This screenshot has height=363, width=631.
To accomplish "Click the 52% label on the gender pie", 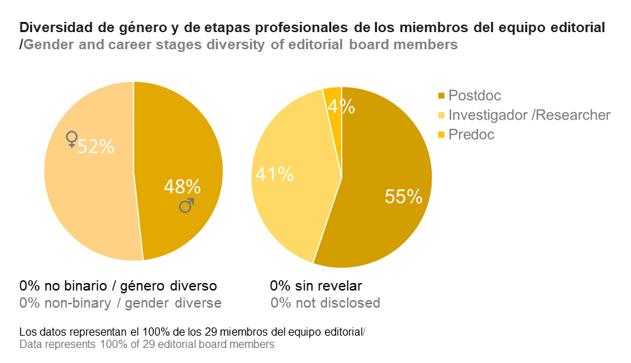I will click(x=96, y=146).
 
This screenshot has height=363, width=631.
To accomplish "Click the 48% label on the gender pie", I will click(x=182, y=187).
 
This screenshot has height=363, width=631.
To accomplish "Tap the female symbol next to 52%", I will click(x=71, y=139).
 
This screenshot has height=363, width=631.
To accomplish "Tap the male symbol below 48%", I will click(x=186, y=205).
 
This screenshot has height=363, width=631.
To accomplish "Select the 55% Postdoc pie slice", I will click(x=382, y=205).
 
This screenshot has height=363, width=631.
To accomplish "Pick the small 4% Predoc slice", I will click(x=333, y=96).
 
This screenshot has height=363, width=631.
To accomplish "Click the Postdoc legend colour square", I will click(x=441, y=96).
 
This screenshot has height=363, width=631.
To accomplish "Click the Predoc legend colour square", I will click(x=441, y=135).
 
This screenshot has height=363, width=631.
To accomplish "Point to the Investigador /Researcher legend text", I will click(x=529, y=115).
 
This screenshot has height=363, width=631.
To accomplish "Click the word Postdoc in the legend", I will click(x=475, y=96).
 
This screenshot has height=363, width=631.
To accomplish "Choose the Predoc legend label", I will click(x=471, y=135).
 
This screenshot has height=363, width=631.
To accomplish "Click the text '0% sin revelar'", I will click(x=315, y=286).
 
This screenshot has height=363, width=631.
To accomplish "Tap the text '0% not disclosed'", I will click(x=325, y=303).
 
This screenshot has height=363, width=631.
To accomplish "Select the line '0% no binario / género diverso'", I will click(x=118, y=286).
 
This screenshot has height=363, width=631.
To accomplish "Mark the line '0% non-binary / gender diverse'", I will click(x=121, y=303).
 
